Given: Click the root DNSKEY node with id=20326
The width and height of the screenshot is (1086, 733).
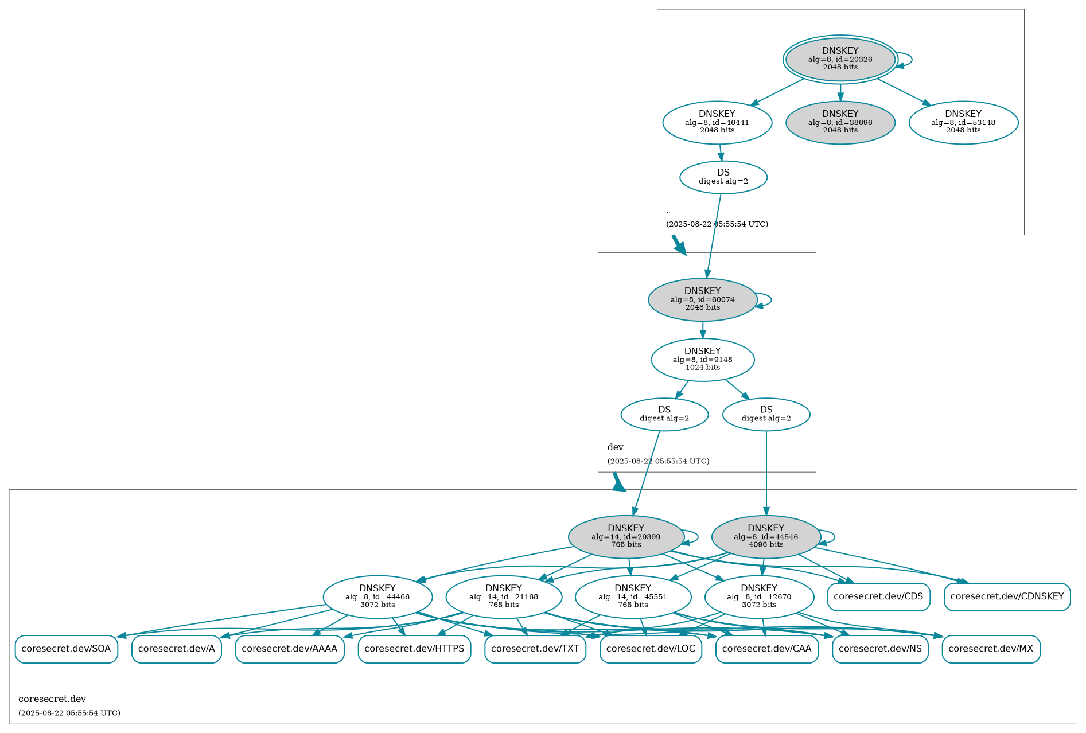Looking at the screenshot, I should pos(840,59).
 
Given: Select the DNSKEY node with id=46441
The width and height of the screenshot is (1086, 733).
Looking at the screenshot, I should pos(717,122).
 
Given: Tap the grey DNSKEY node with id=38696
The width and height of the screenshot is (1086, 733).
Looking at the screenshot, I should pos(840,122).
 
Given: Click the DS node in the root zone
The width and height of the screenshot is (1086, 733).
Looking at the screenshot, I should pos(723,177).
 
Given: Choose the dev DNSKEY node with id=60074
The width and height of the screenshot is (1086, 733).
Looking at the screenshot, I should pos(702,299).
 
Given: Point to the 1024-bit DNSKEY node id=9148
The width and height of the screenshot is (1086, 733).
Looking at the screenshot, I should pos(702,360).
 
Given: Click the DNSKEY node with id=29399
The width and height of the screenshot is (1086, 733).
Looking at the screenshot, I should pos(625,537).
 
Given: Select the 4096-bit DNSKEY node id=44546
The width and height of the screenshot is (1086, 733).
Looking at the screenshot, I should pos(765,537).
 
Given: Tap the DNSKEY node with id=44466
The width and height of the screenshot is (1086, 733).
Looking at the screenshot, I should pos(377,597).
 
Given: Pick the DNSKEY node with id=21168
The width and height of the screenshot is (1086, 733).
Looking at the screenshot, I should pos(503,597).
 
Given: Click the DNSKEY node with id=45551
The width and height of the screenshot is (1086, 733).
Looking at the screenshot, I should pos(632,597).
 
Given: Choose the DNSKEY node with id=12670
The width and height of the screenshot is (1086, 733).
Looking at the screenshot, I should pos(758,597).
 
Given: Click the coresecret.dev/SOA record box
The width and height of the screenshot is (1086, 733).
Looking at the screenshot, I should pos(66,649).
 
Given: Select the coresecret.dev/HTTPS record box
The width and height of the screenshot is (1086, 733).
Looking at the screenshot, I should pos(414,649).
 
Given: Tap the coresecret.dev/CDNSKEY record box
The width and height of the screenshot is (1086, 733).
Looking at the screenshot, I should pos(1007,596).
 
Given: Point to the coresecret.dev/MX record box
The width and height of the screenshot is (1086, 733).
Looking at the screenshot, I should pos(990,649).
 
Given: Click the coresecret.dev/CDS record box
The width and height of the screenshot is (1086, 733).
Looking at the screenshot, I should pos(878,596).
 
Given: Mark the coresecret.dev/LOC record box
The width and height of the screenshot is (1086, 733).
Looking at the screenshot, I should pos(650,649).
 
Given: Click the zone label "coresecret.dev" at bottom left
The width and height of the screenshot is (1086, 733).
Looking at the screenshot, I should pos(52,699).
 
